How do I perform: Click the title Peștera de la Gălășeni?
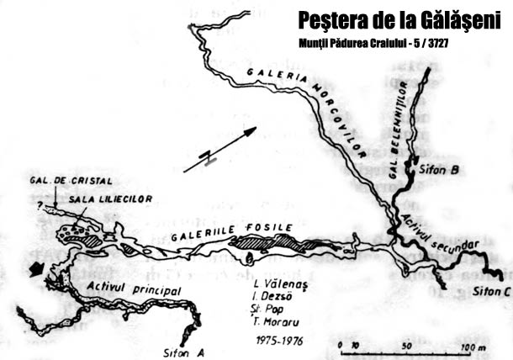399,19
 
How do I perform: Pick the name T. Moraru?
279,320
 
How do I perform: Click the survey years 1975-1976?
278,341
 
